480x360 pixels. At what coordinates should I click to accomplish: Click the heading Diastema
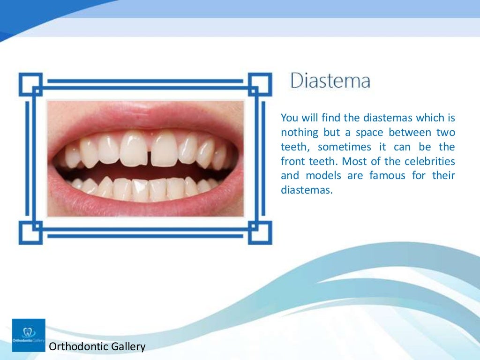click(330, 81)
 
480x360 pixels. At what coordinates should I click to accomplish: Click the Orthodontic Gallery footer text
click(97, 347)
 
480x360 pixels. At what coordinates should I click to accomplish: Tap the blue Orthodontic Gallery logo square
click(29, 335)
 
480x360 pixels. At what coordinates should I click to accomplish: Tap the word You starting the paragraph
click(288, 118)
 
